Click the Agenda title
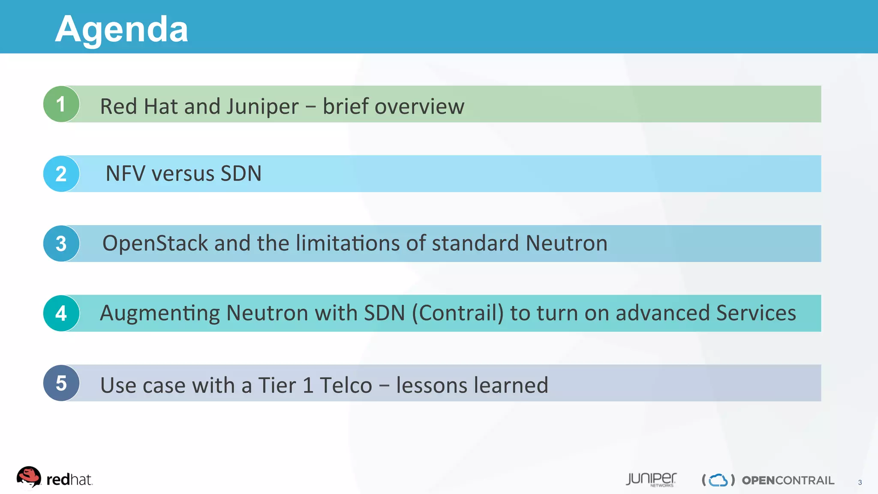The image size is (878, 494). coord(121,29)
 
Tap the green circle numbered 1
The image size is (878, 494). coord(61,104)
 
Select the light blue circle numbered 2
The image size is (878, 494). coord(61,174)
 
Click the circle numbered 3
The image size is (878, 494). coord(61,244)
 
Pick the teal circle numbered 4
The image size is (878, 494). coord(61,313)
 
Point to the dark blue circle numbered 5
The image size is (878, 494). coord(61,383)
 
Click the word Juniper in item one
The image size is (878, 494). coord(262,107)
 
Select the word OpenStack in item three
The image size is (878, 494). coord(155,244)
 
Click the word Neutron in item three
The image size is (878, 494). coord(566,244)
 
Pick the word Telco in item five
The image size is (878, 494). coord(346,385)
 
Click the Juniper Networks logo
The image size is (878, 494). coord(651,479)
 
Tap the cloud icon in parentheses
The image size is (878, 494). coord(718,480)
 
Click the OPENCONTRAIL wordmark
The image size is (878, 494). coord(788,480)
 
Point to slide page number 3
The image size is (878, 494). coord(860,482)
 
